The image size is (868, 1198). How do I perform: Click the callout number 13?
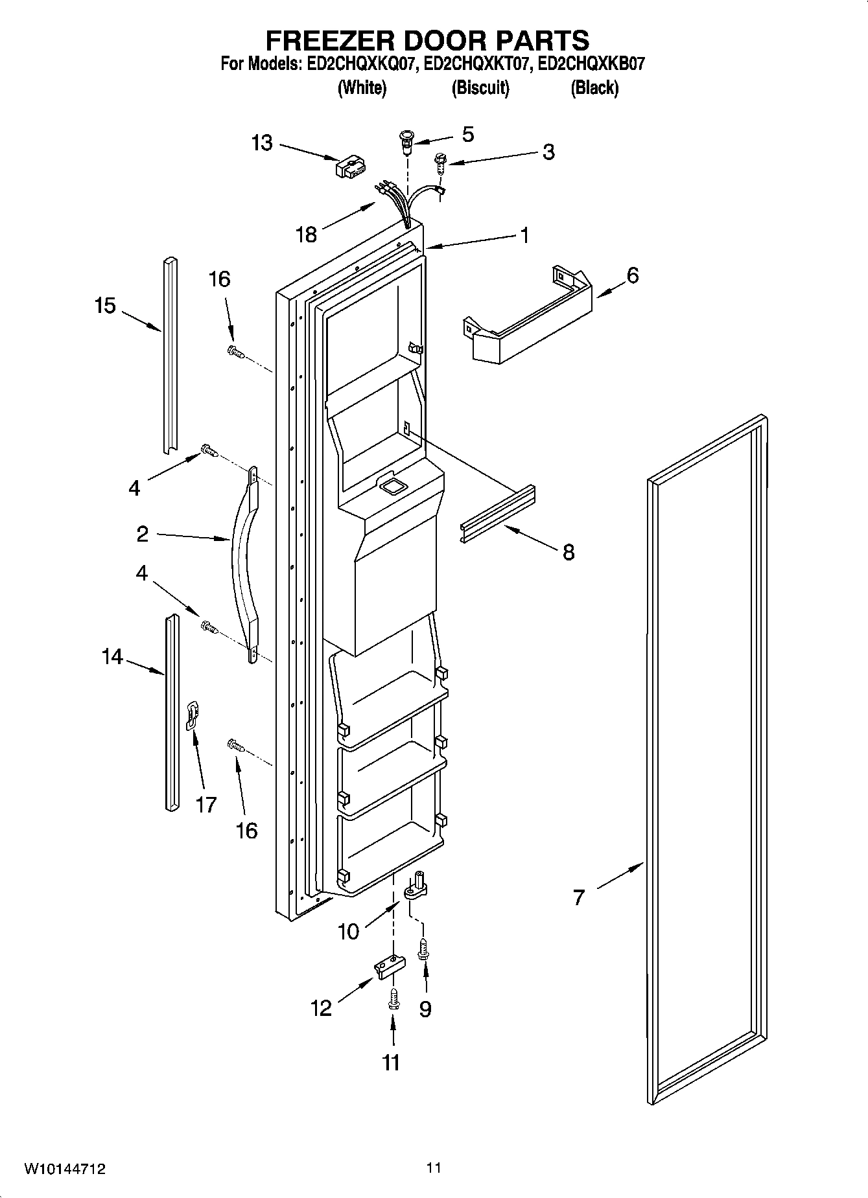(x=262, y=143)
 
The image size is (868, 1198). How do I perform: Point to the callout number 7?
(x=579, y=897)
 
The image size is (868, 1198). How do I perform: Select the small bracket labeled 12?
(x=389, y=966)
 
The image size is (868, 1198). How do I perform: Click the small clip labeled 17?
(x=192, y=715)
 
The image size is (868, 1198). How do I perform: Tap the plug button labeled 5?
(x=407, y=141)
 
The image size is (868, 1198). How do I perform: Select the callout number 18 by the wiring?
(x=306, y=233)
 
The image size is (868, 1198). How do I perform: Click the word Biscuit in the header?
(x=480, y=87)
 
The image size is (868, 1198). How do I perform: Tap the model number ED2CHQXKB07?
(x=592, y=64)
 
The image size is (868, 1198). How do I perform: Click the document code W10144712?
(x=65, y=1169)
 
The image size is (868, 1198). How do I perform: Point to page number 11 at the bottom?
(x=434, y=1168)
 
